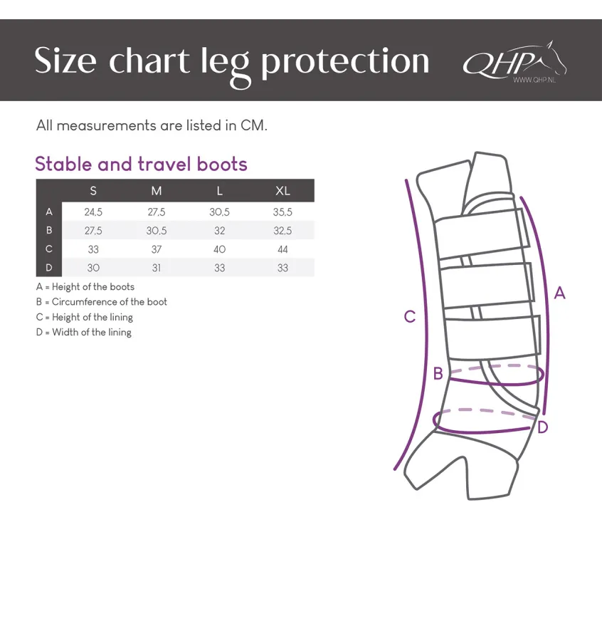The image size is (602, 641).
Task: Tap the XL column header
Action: pyautogui.click(x=282, y=190)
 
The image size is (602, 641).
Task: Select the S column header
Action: pyautogui.click(x=93, y=190)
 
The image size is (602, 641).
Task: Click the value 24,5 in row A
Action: pyautogui.click(x=93, y=212)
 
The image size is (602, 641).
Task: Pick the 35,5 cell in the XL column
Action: pyautogui.click(x=282, y=212)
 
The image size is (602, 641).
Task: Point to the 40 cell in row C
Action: pyautogui.click(x=219, y=249)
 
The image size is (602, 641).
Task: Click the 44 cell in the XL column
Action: pyautogui.click(x=282, y=249)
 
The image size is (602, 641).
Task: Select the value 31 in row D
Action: pyautogui.click(x=157, y=268)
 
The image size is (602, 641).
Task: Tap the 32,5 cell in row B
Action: pyautogui.click(x=282, y=231)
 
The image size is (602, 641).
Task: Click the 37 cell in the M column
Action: pyautogui.click(x=157, y=249)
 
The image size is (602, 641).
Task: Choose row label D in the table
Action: pyautogui.click(x=49, y=267)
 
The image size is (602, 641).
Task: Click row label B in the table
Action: pyautogui.click(x=49, y=230)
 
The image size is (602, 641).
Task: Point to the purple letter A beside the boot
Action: pyautogui.click(x=559, y=293)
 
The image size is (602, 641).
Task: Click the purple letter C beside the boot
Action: pyautogui.click(x=410, y=316)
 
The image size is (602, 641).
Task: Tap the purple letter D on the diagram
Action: pyautogui.click(x=542, y=427)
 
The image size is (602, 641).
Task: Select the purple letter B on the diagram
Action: pyautogui.click(x=438, y=373)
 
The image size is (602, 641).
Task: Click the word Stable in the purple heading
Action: pyautogui.click(x=63, y=164)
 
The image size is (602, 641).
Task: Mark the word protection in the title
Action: pyautogui.click(x=345, y=61)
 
